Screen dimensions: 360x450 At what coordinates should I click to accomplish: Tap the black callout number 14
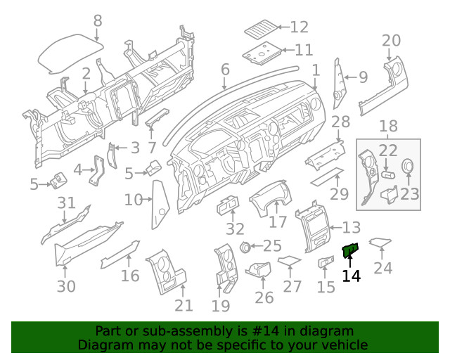point(351,276)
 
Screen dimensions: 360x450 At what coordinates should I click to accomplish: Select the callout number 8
point(98,20)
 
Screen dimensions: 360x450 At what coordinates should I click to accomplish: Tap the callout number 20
point(391,40)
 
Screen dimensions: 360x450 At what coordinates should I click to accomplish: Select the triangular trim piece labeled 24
point(380,243)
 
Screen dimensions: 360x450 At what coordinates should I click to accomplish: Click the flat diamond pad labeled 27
point(289,262)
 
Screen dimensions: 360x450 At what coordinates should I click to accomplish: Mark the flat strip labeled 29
point(328,176)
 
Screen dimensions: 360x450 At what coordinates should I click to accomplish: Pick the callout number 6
point(225,70)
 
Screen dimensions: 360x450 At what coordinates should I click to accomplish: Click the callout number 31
point(66,203)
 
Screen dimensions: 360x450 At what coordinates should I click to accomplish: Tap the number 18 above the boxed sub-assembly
point(389,127)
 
